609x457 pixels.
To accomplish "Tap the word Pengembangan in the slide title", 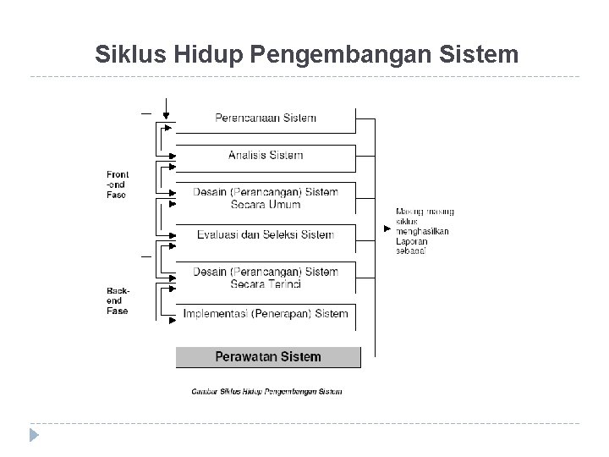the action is [327, 55].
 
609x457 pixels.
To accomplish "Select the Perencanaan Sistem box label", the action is [266, 118].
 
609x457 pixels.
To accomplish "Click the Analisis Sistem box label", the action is [266, 155].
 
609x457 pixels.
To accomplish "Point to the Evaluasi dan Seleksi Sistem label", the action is [266, 234].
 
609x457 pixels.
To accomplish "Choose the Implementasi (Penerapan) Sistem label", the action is [266, 313].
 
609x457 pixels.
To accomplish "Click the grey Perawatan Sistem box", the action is [268, 356].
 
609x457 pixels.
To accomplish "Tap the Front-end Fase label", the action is [118, 184].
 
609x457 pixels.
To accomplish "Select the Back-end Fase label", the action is [118, 300].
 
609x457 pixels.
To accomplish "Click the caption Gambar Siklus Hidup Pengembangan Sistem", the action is [267, 391].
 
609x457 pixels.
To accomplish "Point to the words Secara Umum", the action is [266, 204].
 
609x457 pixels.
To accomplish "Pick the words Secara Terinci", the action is [266, 284].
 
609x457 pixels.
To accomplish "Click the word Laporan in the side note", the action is [412, 241].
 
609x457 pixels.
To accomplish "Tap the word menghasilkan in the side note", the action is [422, 231].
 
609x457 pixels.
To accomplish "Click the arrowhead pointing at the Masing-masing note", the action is [387, 228].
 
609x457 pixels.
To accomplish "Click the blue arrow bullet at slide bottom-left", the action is [34, 436].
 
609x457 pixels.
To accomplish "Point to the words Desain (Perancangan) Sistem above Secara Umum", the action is [266, 192].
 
